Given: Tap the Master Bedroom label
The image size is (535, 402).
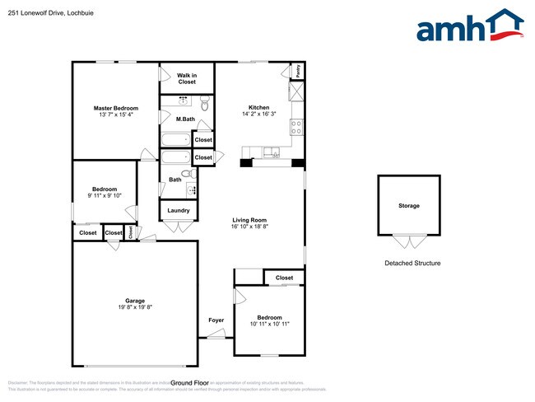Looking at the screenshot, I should pos(115,108).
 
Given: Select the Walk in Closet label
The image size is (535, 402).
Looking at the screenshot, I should pos(187,78).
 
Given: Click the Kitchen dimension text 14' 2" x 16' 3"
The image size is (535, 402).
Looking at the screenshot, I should pos(259,115).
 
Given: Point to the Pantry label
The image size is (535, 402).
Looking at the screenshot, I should pos(298,72).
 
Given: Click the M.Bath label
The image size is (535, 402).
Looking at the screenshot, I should pos(185,119).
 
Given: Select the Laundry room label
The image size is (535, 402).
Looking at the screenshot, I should pos(179,210).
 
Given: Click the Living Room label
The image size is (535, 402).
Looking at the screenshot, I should pos(249,220).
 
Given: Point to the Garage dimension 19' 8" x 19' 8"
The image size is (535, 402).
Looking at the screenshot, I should pos(135,307).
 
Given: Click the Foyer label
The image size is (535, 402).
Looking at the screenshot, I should pos(216,320).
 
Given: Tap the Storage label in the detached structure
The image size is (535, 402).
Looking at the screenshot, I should pos(409,205).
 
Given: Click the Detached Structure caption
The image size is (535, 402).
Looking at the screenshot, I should pos(412,264).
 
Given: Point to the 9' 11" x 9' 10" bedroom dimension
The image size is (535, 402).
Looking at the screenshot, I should pos(105,195).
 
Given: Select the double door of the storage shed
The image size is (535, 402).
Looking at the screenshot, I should pos(403,241).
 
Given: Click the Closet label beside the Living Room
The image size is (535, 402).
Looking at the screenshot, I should pos(284,278).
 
